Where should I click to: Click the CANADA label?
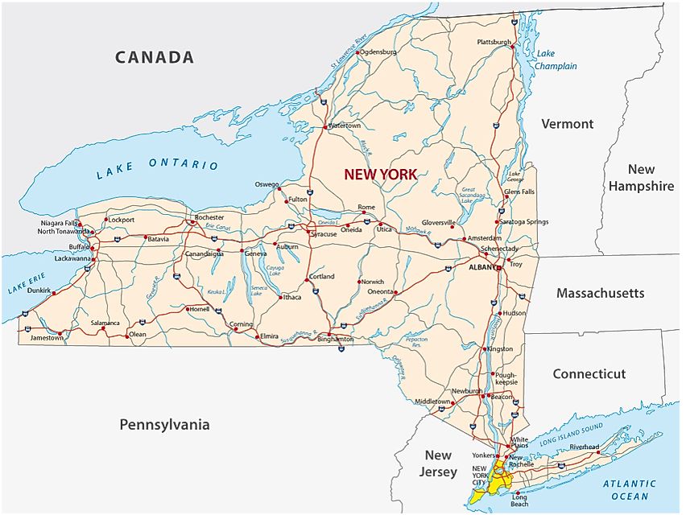pos(155,57)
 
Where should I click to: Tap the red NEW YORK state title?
pos(380,174)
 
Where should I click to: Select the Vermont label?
pos(567,124)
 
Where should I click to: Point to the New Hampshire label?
pos(641,178)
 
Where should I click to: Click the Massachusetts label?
pos(600,293)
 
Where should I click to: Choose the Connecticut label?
pos(589,374)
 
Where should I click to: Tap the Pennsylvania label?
pos(164,424)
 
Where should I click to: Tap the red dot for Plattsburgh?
pos(513,47)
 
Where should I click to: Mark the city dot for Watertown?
pos(325,127)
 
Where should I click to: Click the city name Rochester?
pos(209,217)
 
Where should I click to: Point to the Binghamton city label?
pos(336,340)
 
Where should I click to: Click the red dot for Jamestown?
pos(60,332)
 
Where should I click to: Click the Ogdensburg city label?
pos(379,51)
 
